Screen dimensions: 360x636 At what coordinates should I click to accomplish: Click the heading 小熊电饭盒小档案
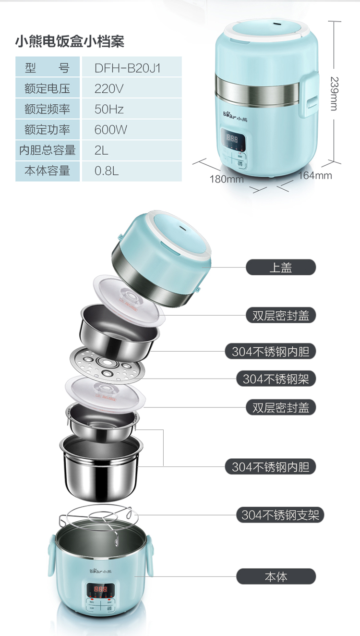[70, 41]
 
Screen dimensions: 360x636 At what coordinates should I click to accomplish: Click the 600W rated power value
[110, 130]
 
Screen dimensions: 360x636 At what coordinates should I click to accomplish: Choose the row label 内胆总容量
[48, 150]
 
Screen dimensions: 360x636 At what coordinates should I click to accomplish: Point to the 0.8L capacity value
[107, 171]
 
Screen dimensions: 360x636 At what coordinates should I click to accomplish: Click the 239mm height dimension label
[334, 94]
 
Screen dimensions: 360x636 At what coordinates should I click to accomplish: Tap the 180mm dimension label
[227, 179]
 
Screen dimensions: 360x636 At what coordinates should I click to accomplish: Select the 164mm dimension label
[315, 175]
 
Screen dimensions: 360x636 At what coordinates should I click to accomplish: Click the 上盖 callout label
[281, 267]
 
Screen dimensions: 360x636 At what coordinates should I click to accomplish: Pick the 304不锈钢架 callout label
[276, 379]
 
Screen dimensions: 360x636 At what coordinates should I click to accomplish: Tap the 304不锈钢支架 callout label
[280, 515]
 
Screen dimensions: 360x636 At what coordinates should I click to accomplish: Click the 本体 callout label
[276, 576]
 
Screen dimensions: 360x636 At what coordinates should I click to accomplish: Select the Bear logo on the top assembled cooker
[235, 116]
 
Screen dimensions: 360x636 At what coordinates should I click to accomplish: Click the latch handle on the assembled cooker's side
[309, 94]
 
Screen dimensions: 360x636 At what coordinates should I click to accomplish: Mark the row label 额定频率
[48, 110]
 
